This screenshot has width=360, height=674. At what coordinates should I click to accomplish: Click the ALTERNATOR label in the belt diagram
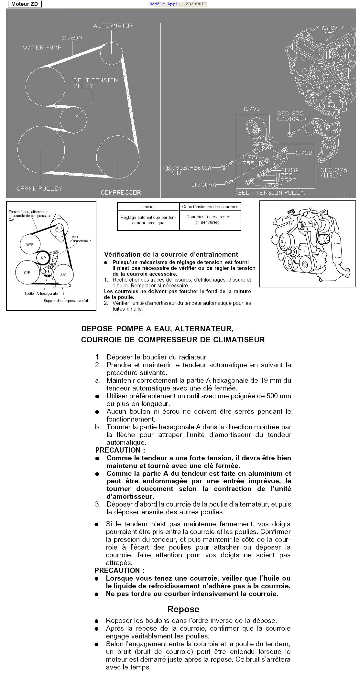[x=113, y=26]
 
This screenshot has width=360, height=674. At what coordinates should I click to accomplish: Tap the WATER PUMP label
[x=42, y=48]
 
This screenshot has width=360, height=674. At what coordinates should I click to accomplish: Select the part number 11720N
[x=72, y=38]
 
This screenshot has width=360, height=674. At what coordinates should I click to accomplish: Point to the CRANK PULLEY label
[x=39, y=188]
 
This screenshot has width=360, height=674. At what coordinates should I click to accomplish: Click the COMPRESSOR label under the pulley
[x=121, y=192]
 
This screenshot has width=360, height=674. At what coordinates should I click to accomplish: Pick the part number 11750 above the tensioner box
[x=251, y=109]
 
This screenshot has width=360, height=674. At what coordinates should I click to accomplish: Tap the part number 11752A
[x=272, y=186]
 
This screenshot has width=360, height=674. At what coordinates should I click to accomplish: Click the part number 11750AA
[x=204, y=184]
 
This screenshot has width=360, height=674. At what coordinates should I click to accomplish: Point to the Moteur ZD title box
[x=25, y=4]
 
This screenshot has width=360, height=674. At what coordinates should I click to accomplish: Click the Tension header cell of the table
[x=148, y=207]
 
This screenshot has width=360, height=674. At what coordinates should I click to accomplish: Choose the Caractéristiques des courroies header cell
[x=210, y=207]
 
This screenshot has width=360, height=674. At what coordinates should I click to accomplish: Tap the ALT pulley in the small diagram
[x=59, y=228]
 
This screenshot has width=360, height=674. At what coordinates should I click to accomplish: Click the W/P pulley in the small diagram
[x=30, y=245]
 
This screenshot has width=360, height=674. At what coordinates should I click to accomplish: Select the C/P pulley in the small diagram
[x=27, y=273]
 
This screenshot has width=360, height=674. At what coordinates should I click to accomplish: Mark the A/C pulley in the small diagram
[x=63, y=275]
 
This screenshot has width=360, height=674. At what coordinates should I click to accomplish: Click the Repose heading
[x=183, y=609]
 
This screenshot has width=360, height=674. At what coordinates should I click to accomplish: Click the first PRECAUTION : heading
[x=120, y=450]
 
